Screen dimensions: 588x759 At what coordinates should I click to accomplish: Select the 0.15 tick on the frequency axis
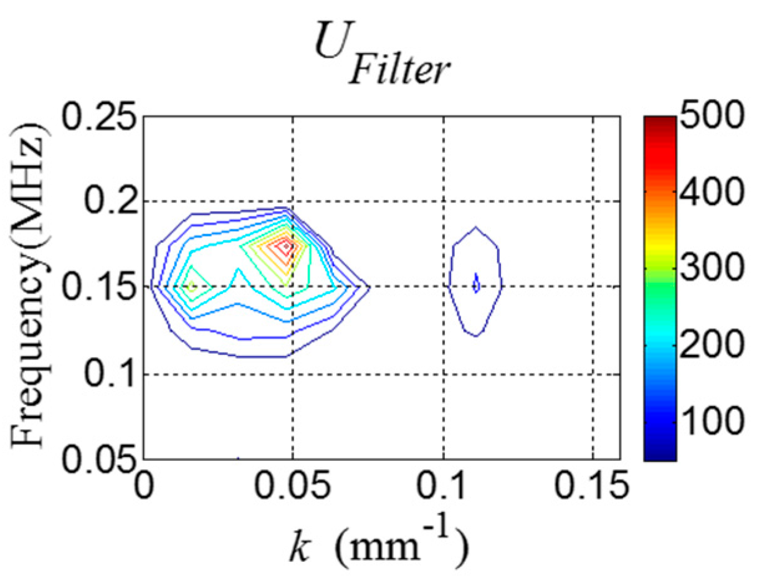tap(100, 287)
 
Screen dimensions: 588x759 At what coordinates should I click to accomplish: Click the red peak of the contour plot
tap(286, 246)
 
